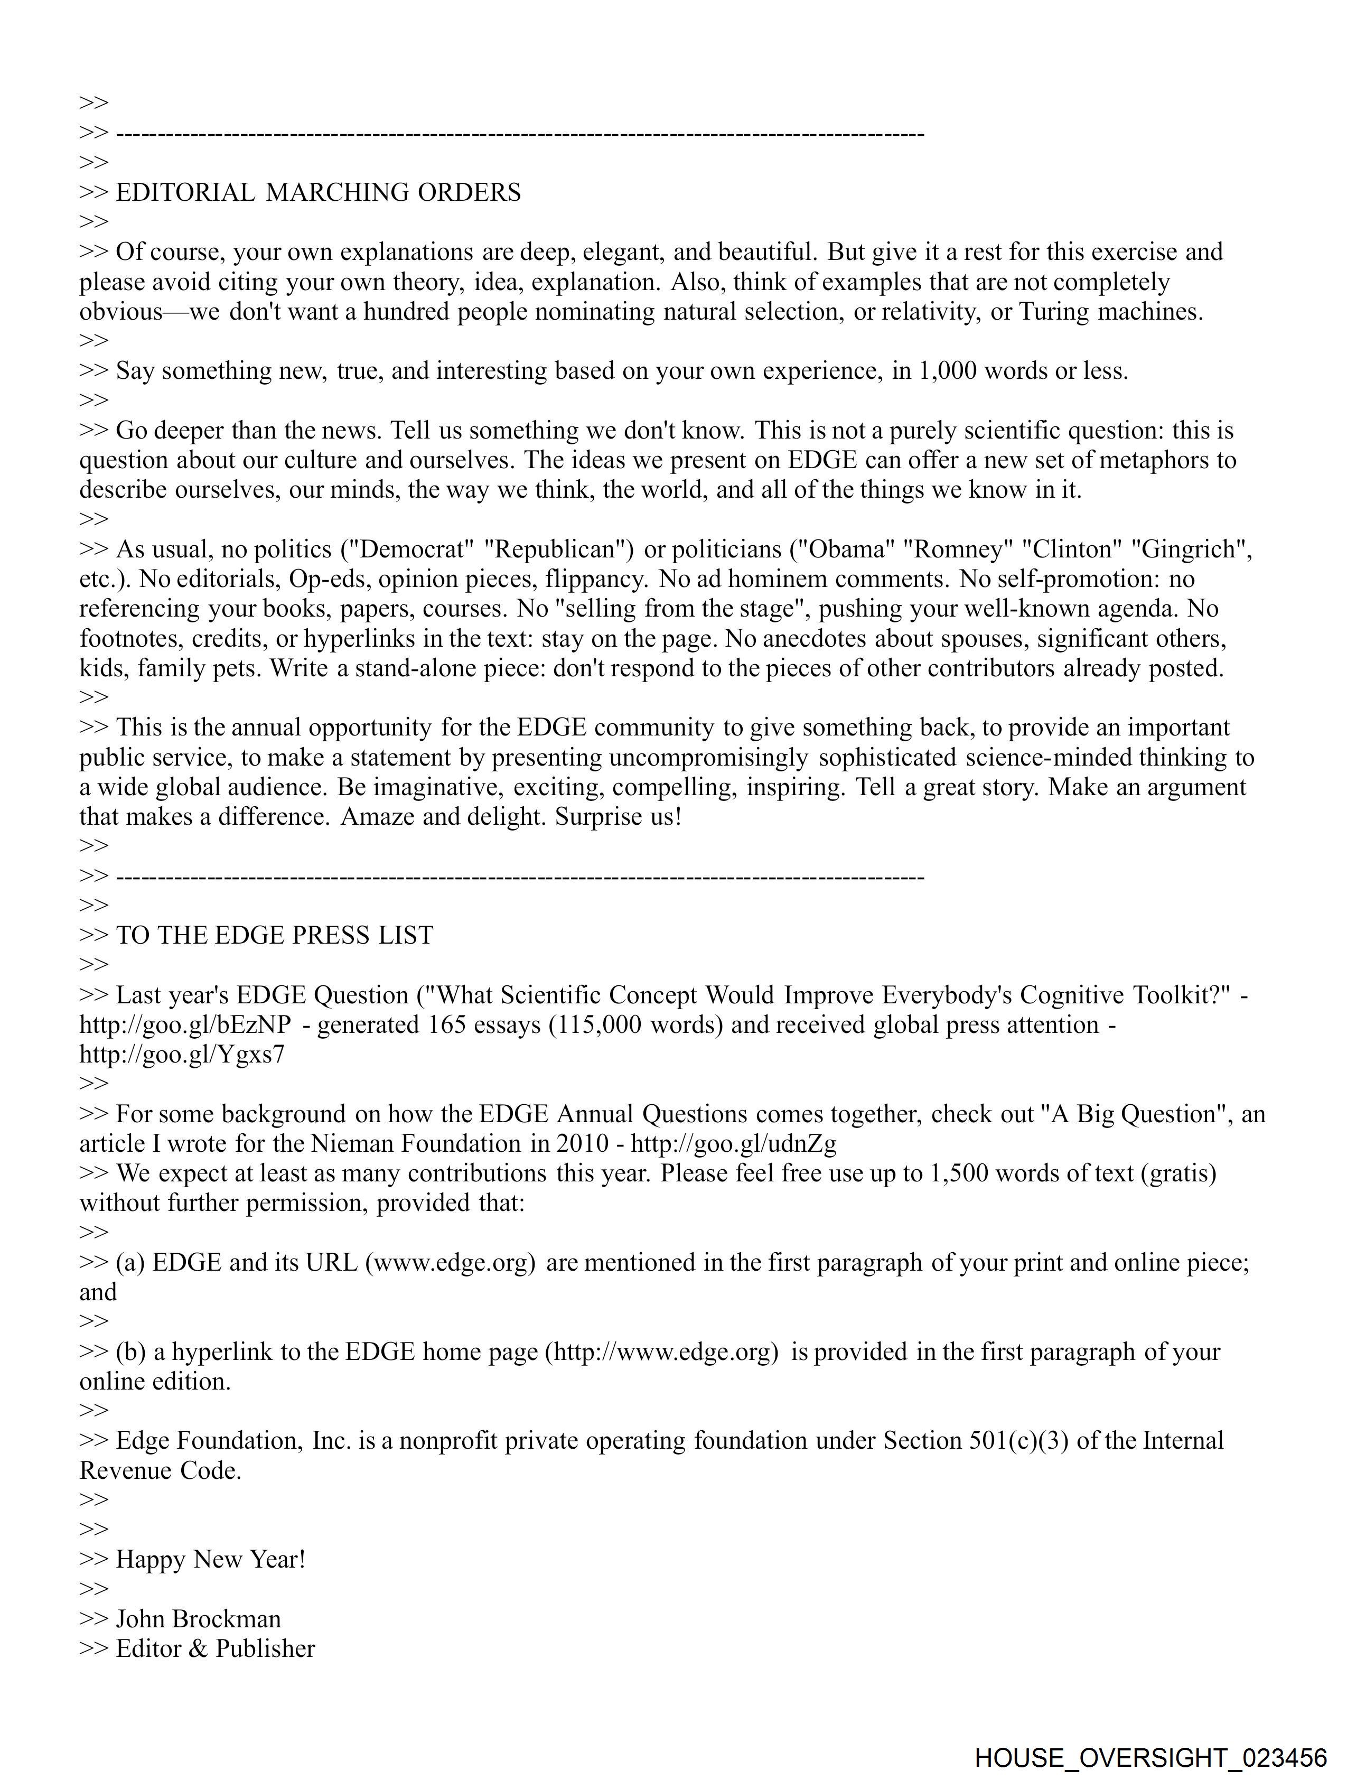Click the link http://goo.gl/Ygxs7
point(182,1055)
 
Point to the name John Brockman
point(198,1619)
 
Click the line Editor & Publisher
point(215,1649)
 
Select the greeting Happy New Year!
point(211,1560)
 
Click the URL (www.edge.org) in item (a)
point(451,1263)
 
